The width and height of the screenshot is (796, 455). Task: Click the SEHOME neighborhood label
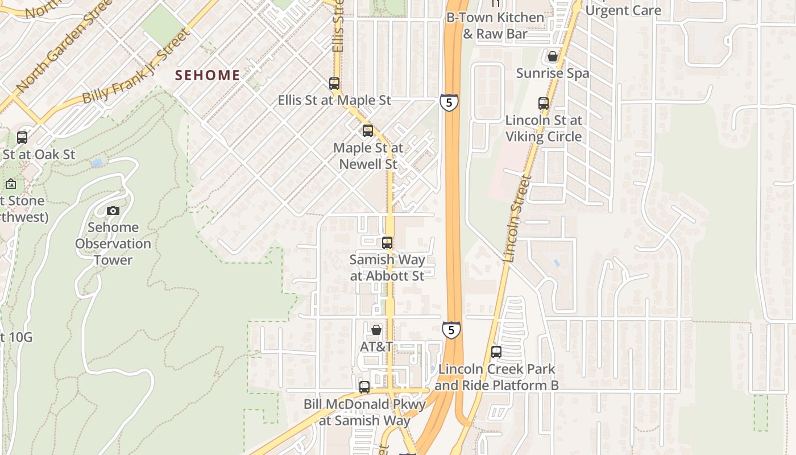pyautogui.click(x=208, y=75)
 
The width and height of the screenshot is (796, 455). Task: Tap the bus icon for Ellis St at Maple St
pyautogui.click(x=334, y=84)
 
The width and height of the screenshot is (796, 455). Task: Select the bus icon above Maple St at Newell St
pyautogui.click(x=368, y=131)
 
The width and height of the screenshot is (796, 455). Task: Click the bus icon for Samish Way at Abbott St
pyautogui.click(x=387, y=243)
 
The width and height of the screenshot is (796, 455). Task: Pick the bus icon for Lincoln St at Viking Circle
pyautogui.click(x=544, y=104)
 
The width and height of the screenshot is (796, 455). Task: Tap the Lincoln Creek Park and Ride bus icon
pyautogui.click(x=496, y=352)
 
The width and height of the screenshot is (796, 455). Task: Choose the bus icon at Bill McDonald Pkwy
pyautogui.click(x=364, y=387)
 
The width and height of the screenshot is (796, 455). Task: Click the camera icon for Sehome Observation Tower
pyautogui.click(x=113, y=210)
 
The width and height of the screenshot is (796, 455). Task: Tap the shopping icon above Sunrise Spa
pyautogui.click(x=552, y=56)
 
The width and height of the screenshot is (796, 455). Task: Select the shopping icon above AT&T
pyautogui.click(x=376, y=330)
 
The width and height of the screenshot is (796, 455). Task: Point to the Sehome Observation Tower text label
pyautogui.click(x=113, y=243)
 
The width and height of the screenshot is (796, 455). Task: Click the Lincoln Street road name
pyautogui.click(x=517, y=219)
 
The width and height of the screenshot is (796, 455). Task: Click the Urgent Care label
pyautogui.click(x=623, y=10)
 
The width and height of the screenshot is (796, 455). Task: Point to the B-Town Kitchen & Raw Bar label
pyautogui.click(x=495, y=26)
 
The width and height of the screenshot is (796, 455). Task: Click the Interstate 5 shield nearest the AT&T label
pyautogui.click(x=451, y=330)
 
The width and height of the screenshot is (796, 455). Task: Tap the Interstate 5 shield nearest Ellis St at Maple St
pyautogui.click(x=449, y=103)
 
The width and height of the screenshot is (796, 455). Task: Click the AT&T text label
pyautogui.click(x=376, y=346)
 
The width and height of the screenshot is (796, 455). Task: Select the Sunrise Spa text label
pyautogui.click(x=553, y=73)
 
